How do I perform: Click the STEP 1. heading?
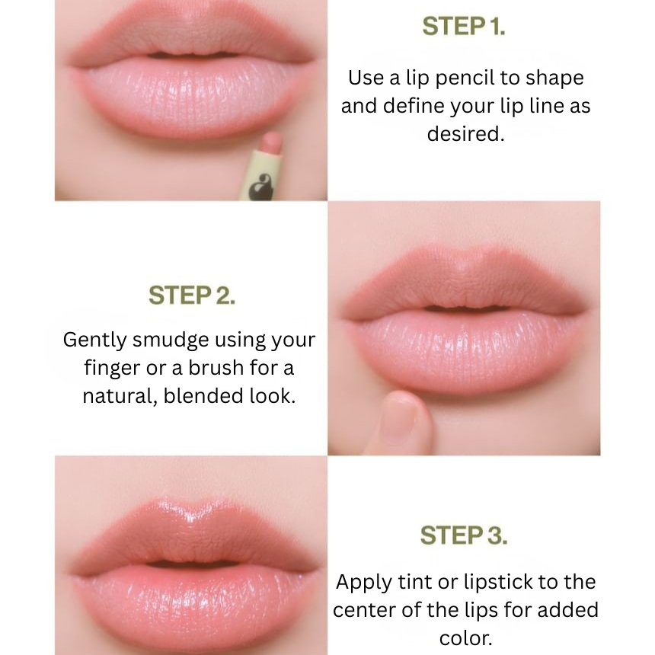464,27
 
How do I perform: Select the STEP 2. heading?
192,296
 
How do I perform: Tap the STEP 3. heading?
464,535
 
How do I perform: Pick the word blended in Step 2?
204,395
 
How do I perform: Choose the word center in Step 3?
364,610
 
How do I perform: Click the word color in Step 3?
465,638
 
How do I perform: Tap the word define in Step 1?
416,106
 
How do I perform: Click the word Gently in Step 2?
95,340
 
